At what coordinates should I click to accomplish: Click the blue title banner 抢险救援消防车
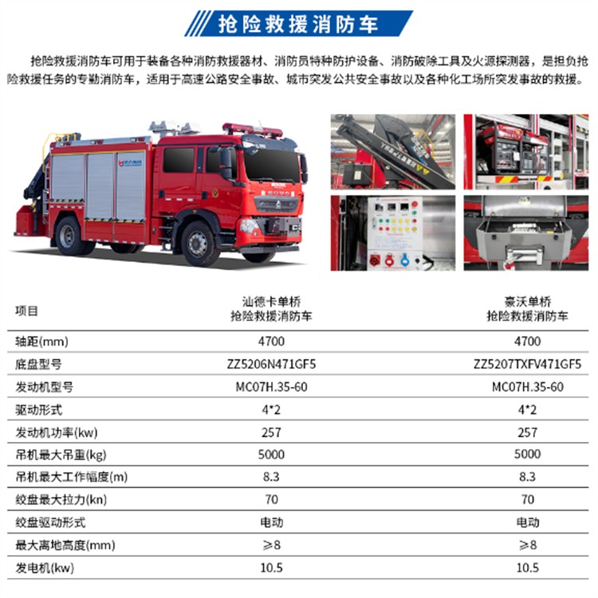(x=299, y=24)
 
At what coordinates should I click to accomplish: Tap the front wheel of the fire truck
(x=199, y=244)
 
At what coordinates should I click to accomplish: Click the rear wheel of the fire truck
(x=69, y=236)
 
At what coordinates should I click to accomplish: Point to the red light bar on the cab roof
(x=252, y=130)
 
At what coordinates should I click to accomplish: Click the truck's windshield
(x=272, y=165)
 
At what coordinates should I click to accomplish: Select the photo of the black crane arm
(x=393, y=152)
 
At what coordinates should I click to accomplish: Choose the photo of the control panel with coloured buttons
(x=393, y=233)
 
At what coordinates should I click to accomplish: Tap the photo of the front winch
(x=525, y=233)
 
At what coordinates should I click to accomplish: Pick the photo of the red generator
(x=525, y=152)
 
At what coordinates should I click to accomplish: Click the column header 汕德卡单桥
(x=272, y=302)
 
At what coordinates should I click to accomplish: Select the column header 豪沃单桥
(x=527, y=302)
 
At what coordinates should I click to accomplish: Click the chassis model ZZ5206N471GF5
(x=272, y=364)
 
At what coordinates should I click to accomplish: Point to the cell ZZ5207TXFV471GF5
(x=527, y=364)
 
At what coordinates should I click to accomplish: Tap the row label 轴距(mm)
(x=41, y=342)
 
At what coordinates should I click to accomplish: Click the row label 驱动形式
(x=39, y=410)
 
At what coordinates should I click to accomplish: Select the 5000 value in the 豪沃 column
(x=527, y=454)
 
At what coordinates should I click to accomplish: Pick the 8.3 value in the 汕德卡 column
(x=271, y=477)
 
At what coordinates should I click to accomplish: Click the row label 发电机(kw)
(x=45, y=568)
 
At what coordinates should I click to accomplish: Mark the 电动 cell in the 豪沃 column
(x=528, y=522)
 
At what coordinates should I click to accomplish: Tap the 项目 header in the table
(x=27, y=311)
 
